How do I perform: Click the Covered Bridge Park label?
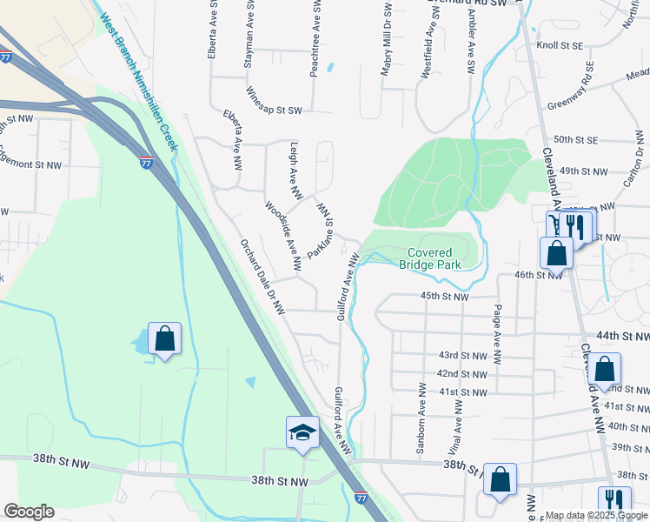[439, 258]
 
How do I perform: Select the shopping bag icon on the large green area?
[164, 339]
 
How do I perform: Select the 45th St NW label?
[445, 297]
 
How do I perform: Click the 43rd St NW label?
[462, 356]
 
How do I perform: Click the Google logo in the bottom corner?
[29, 512]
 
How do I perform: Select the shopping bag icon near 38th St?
[500, 479]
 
